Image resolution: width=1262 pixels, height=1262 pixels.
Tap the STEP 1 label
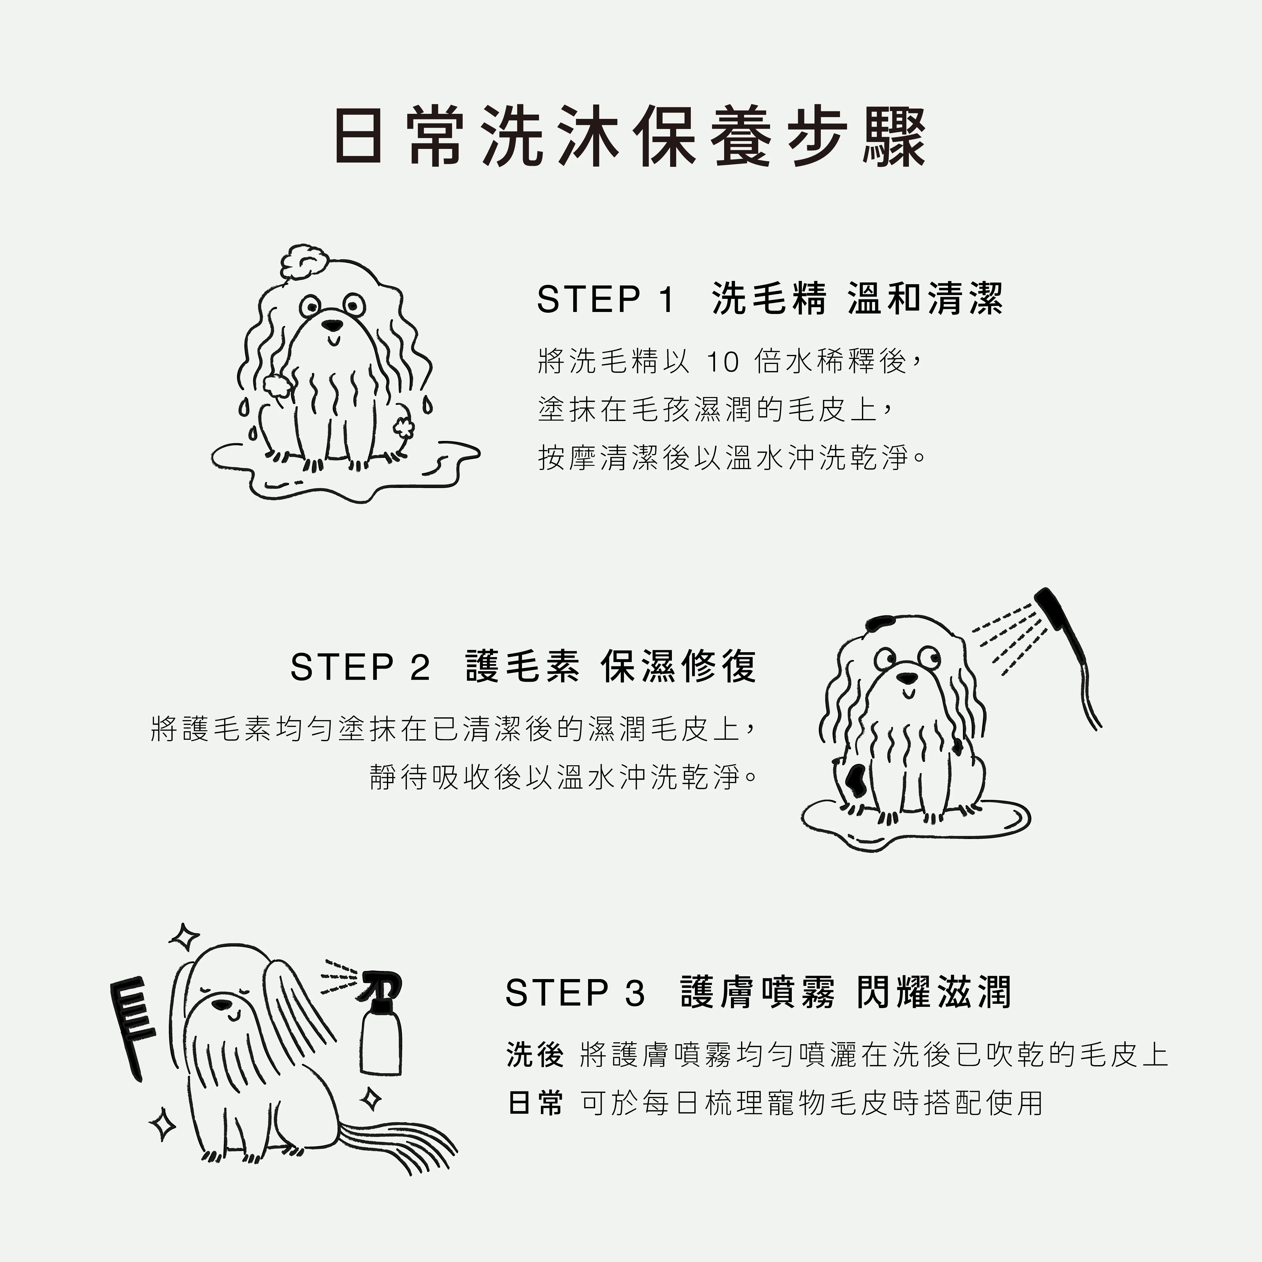(x=606, y=299)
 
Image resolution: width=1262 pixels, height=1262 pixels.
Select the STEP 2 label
(x=360, y=667)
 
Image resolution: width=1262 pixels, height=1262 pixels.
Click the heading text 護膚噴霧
(x=758, y=992)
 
